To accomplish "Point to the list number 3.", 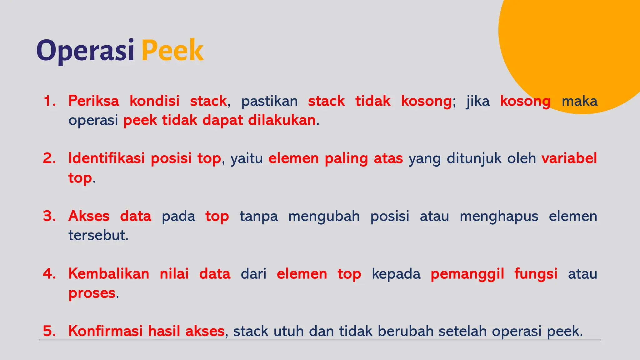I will point(49,216).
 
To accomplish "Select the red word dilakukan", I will point(282,120).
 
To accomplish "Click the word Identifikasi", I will point(106,158).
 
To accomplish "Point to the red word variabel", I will point(569,158).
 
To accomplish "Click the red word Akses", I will point(89,216).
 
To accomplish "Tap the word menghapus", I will point(499,216).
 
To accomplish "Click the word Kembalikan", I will point(109,274).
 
